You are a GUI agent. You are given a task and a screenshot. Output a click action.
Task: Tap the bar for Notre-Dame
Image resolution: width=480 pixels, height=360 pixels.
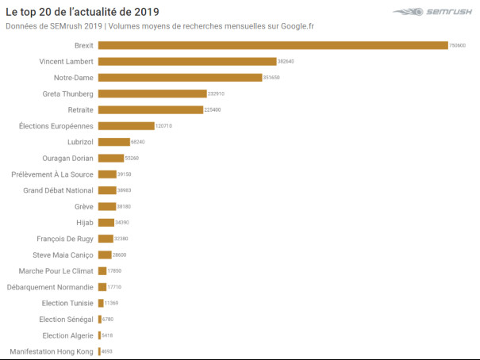point(180,77)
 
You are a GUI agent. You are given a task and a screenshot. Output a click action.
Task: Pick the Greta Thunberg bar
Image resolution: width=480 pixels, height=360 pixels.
point(152,94)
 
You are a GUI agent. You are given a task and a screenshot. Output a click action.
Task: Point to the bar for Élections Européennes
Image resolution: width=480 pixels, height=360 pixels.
point(126,125)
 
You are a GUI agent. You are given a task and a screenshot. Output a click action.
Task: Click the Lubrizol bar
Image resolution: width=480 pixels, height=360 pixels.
point(113,142)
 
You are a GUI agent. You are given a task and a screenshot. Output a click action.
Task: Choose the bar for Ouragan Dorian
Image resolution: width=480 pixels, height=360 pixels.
point(111,158)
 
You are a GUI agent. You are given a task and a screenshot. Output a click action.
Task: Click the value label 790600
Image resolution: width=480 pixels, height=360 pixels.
point(458,46)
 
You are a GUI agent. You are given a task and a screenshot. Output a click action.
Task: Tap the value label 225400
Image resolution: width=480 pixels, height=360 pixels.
point(213,109)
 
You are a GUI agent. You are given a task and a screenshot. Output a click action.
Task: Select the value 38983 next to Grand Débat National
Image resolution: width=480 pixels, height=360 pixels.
point(125,190)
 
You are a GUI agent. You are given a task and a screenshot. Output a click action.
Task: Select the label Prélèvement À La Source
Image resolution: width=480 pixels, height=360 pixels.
point(52,174)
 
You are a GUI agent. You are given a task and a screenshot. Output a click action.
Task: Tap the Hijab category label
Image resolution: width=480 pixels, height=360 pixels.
point(85,222)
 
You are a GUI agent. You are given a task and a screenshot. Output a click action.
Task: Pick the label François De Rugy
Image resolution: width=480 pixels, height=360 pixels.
point(65,239)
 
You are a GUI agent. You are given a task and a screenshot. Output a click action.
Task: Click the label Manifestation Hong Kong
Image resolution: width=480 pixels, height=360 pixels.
point(52,351)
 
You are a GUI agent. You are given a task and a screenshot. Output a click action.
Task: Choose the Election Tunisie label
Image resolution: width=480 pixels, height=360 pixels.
point(67,303)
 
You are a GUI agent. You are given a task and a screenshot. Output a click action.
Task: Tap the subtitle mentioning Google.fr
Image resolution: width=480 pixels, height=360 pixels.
point(159,25)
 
